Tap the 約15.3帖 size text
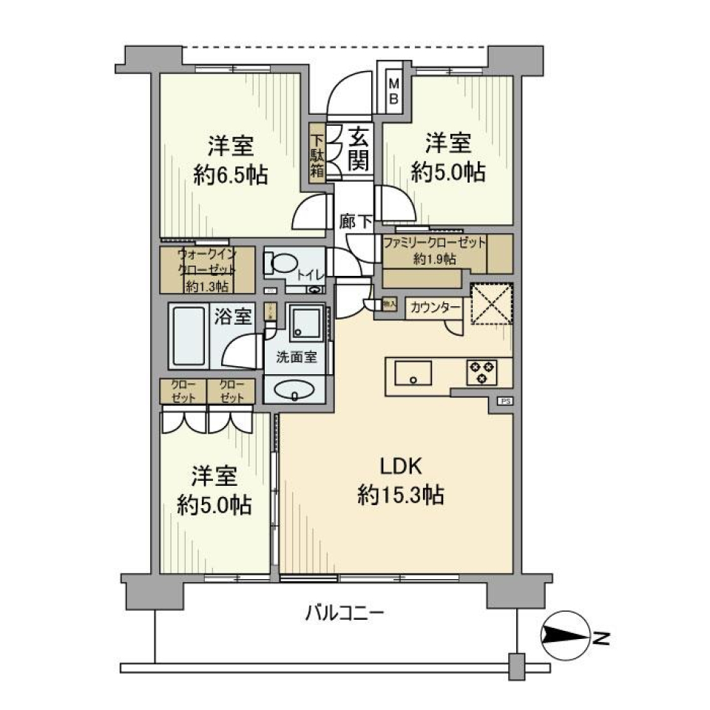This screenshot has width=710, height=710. [x=400, y=495]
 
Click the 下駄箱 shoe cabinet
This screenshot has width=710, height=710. [x=317, y=155]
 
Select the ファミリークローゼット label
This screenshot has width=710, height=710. [x=434, y=243]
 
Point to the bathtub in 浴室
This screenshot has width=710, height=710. [x=189, y=337]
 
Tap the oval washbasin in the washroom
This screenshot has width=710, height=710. [x=294, y=390]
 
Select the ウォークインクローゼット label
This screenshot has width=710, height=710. [x=207, y=269]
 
